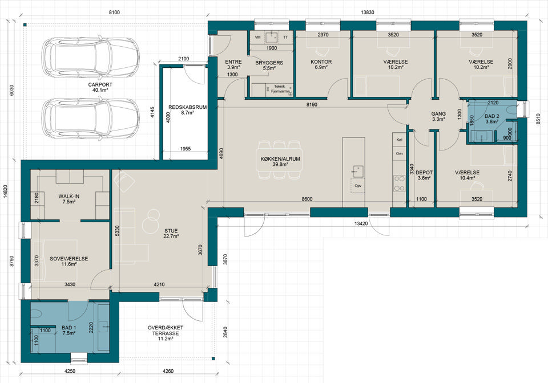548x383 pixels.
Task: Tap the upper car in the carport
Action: pos(91,57)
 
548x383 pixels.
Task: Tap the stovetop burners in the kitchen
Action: pos(400,184)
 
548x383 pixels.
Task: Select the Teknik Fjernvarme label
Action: pos(280,88)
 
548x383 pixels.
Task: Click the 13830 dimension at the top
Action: pos(367,12)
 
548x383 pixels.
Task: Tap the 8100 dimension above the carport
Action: pos(114,12)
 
